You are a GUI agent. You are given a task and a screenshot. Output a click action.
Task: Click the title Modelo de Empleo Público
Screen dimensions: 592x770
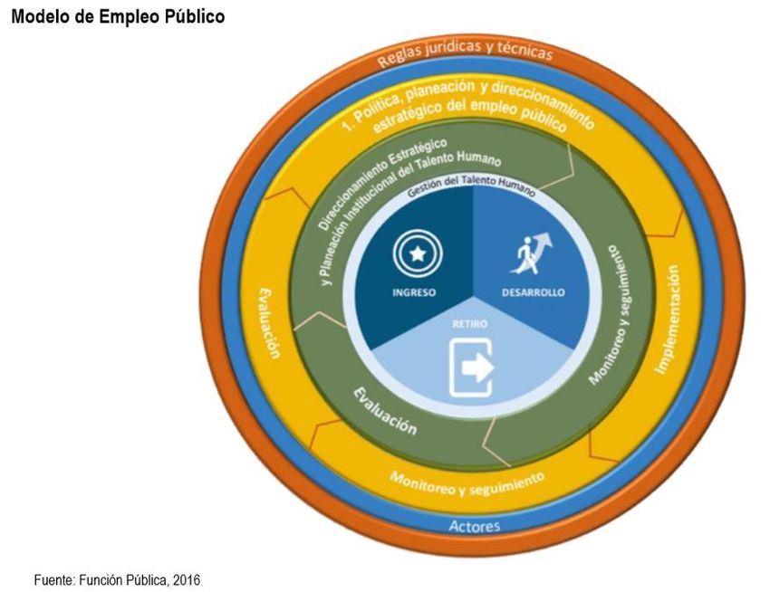pyautogui.click(x=118, y=17)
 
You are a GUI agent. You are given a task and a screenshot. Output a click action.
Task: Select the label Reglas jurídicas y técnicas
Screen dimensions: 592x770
pyautogui.click(x=466, y=53)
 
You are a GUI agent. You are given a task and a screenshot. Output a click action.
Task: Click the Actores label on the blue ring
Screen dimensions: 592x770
pyautogui.click(x=474, y=526)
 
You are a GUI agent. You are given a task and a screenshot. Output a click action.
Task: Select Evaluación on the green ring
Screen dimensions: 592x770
pyautogui.click(x=384, y=412)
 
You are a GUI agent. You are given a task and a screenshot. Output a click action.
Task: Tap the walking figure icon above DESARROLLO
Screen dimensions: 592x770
pyautogui.click(x=532, y=253)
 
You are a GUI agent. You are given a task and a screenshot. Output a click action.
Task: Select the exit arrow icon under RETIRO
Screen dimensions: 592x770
pyautogui.click(x=473, y=367)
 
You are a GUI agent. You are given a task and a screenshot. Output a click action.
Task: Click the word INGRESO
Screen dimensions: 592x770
pyautogui.click(x=415, y=292)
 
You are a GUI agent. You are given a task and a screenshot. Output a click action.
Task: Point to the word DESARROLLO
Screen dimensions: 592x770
pyautogui.click(x=534, y=292)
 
